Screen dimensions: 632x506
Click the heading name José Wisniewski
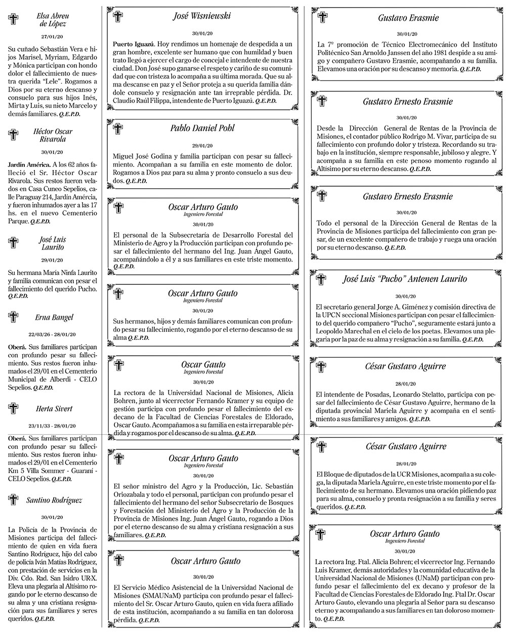[201, 16]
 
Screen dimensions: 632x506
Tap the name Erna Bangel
[54, 317]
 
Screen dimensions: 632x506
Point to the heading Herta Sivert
[54, 408]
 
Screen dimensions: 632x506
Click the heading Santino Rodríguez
[54, 500]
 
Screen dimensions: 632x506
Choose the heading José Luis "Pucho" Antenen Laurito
[405, 279]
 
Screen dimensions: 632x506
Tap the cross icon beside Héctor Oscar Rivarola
[14, 135]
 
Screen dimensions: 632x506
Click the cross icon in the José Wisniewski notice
[117, 17]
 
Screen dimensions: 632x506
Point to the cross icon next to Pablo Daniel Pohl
[117, 128]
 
